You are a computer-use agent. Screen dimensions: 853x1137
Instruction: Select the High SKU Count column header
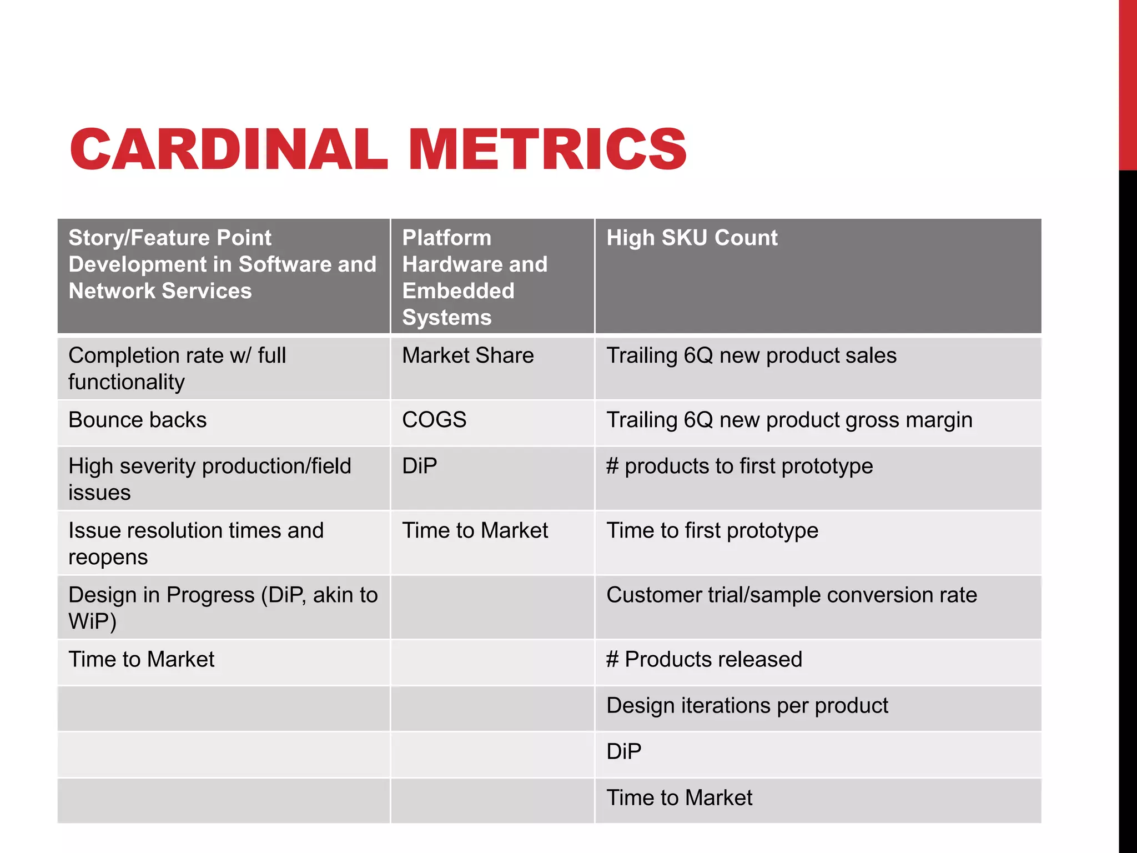(692, 238)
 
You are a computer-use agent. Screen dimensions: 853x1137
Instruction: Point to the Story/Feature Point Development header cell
(222, 264)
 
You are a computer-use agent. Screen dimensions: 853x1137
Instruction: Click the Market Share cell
(467, 355)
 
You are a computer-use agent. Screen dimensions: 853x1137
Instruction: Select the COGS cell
(434, 420)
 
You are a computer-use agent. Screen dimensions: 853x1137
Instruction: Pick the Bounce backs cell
(137, 420)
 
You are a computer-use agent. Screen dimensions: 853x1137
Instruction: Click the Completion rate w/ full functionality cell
(177, 368)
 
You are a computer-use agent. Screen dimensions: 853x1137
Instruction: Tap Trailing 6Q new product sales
(751, 355)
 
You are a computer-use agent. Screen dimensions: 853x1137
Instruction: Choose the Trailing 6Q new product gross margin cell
(789, 420)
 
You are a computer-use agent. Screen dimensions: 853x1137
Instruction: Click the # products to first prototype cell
(739, 466)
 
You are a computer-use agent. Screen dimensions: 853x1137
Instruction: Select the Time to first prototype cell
(712, 530)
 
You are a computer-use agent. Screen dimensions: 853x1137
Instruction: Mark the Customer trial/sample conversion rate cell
(791, 595)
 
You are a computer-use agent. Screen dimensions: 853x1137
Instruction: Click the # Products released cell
(704, 659)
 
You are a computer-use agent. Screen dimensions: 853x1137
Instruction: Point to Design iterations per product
(747, 705)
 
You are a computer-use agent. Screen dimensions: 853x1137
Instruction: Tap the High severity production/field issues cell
(209, 479)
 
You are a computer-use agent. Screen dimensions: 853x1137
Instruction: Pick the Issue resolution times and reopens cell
(195, 543)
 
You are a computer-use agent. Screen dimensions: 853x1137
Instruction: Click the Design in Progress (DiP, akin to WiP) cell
(223, 608)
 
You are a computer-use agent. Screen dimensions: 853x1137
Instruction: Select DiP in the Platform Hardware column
(419, 466)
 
